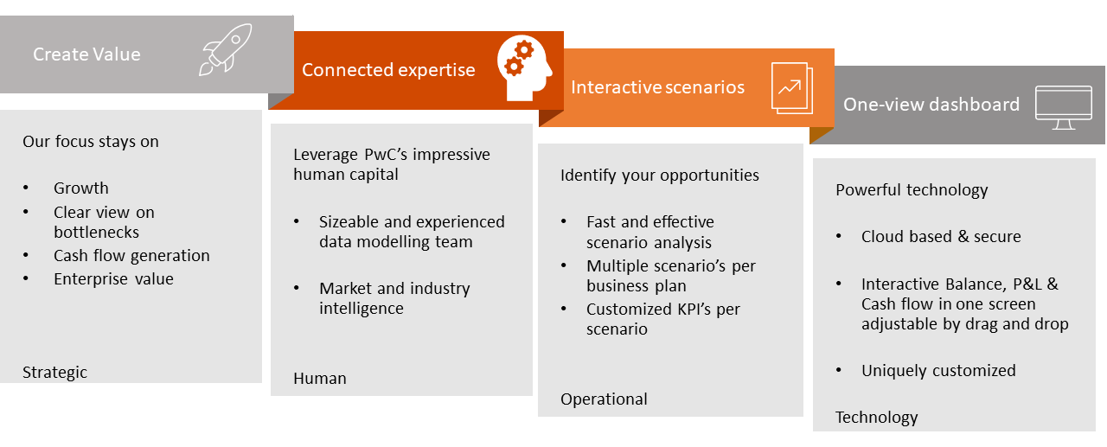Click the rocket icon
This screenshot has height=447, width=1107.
point(225,49)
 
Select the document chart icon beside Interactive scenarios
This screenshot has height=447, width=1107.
point(791,87)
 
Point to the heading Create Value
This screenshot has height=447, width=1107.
point(86,54)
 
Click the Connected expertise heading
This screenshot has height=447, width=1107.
point(388,70)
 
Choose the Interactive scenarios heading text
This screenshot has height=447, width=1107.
point(657,87)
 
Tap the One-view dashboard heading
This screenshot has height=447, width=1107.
point(931,105)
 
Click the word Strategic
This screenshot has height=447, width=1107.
point(54,373)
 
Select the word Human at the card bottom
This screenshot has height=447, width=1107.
point(320,378)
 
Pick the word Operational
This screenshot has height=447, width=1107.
point(604,399)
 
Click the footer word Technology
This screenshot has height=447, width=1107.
point(876,418)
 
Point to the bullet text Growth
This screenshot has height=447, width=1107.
point(81,188)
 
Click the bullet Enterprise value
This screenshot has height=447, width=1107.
point(113,278)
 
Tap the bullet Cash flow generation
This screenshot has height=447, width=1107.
point(131,255)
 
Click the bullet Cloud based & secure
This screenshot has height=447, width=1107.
point(941,236)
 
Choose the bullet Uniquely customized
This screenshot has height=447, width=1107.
point(938,370)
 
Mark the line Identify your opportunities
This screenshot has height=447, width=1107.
point(659,175)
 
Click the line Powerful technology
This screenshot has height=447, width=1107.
point(912,189)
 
